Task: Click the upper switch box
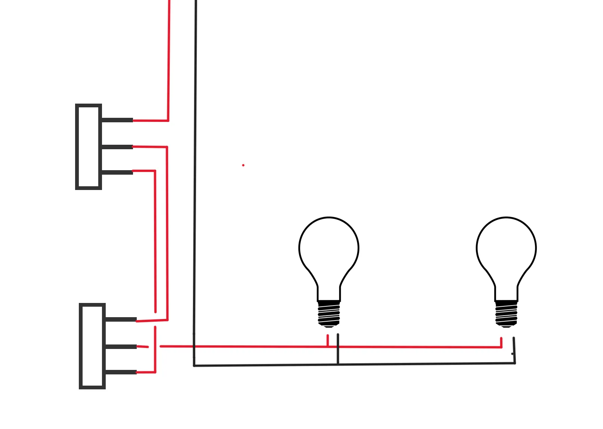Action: [x=89, y=147]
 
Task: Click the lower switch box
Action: [x=92, y=346]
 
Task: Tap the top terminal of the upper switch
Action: [x=117, y=120]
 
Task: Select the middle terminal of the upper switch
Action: [x=117, y=147]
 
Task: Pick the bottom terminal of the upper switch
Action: [x=117, y=172]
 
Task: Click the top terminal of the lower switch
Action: [x=120, y=319]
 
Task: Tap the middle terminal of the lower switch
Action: [x=120, y=347]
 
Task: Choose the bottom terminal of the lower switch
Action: [x=120, y=372]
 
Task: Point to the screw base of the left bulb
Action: [x=329, y=313]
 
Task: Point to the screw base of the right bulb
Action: [x=506, y=313]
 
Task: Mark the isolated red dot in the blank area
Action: [x=243, y=165]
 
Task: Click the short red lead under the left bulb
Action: [x=328, y=340]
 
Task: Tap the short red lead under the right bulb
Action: [x=501, y=342]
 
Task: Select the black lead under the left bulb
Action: [x=338, y=348]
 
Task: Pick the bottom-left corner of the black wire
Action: [x=194, y=365]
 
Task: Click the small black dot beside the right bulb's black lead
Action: [x=512, y=353]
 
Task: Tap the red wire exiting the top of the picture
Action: [x=169, y=56]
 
